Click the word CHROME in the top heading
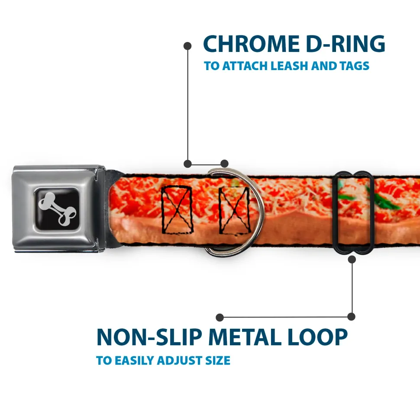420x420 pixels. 251,44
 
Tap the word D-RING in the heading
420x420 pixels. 346,44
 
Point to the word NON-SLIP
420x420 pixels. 149,337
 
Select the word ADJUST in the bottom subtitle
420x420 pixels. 180,361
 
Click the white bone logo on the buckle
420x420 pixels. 57,208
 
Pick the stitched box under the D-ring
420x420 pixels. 234,210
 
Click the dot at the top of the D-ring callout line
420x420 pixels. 187,46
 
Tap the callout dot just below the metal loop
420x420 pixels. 352,259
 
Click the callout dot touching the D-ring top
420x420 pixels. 224,164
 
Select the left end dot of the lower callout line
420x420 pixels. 220,317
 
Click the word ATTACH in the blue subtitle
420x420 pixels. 245,66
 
